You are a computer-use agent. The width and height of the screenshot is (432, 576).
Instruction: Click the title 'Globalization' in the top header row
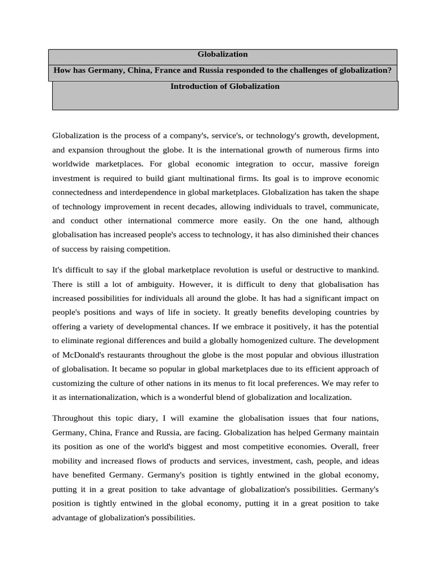[x=222, y=55]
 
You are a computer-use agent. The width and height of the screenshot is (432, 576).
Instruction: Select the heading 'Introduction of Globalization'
[x=224, y=87]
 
